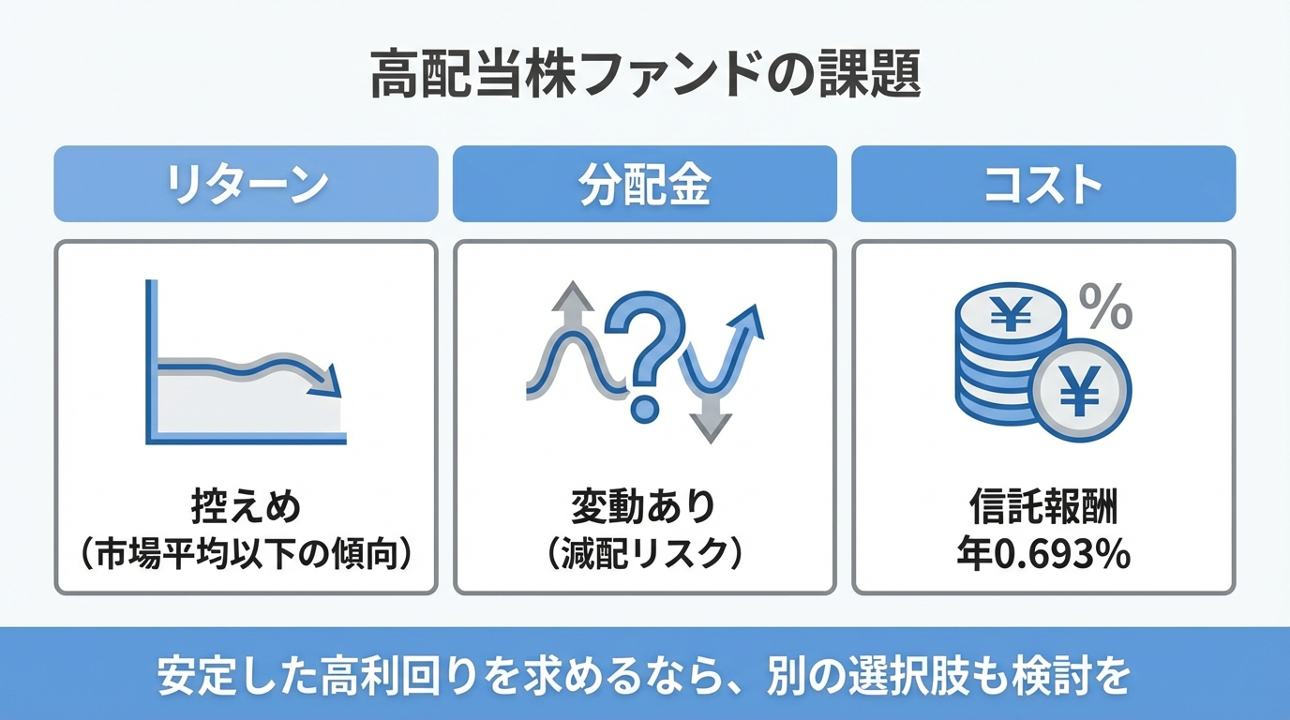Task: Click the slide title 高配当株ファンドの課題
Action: (x=645, y=76)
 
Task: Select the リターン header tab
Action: (x=246, y=184)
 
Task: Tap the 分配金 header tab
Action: (x=645, y=184)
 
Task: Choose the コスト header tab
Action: (x=1042, y=184)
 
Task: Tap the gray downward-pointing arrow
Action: (x=712, y=427)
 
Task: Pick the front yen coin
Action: (x=1080, y=390)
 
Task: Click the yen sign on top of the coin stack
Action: (x=1011, y=316)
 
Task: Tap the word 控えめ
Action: (x=246, y=508)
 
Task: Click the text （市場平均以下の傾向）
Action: (x=246, y=554)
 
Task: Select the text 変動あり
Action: (x=645, y=508)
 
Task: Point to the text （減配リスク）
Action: (x=645, y=554)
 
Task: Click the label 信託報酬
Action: (x=1042, y=508)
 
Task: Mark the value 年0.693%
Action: (x=1042, y=554)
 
